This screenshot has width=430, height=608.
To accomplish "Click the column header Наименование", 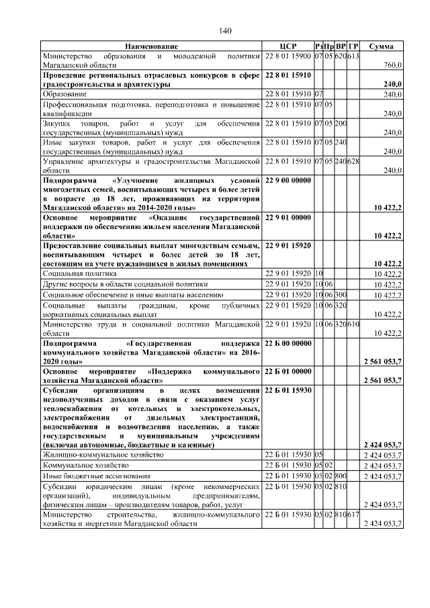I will [x=151, y=46].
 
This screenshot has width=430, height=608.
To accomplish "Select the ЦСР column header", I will [x=288, y=46].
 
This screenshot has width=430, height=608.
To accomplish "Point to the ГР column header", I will [x=354, y=46].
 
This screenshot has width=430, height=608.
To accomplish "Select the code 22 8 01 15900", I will [x=288, y=55].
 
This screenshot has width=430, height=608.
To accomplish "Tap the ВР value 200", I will [x=341, y=123].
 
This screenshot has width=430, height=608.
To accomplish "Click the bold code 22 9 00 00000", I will [x=288, y=181].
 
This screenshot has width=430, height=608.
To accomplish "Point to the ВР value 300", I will [x=341, y=294].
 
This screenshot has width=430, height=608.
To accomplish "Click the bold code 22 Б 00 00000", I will [x=288, y=343].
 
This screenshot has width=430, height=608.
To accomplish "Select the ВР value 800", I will [x=341, y=475].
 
